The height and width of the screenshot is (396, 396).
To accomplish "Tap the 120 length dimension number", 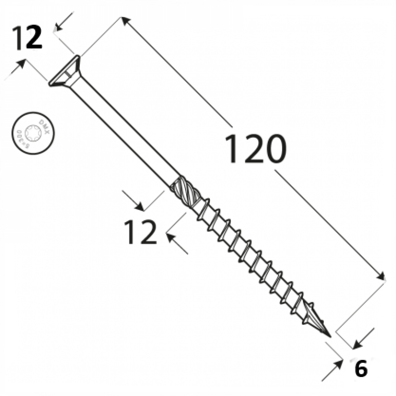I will [255, 149].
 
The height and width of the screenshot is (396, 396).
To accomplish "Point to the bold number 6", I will [361, 369].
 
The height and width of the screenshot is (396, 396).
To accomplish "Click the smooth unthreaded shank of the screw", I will [125, 132].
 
